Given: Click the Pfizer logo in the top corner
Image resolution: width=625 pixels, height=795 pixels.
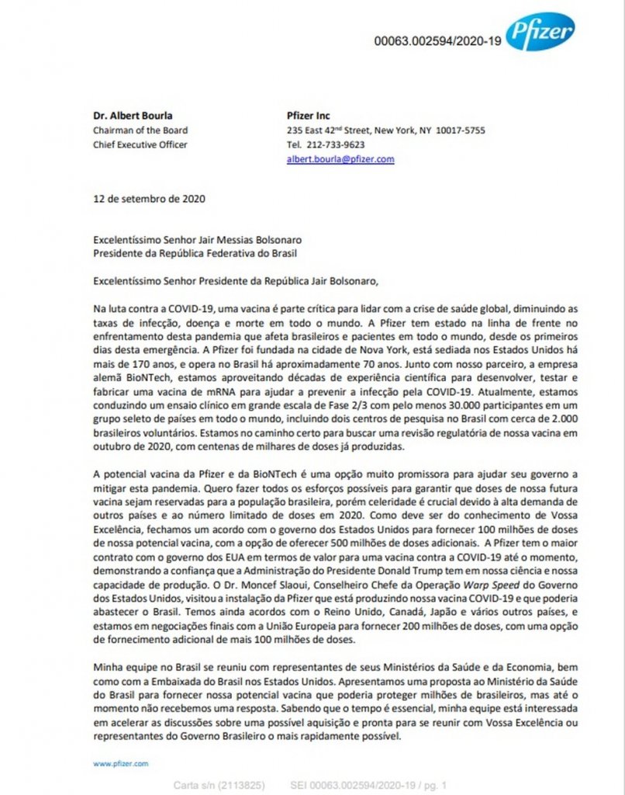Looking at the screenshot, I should pyautogui.click(x=540, y=33).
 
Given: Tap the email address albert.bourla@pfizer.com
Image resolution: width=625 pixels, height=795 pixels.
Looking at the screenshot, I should pyautogui.click(x=340, y=158).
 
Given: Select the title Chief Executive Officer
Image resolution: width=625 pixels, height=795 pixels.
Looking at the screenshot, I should pyautogui.click(x=140, y=144).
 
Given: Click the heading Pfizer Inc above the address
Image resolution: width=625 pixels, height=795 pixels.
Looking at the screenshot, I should pyautogui.click(x=308, y=116).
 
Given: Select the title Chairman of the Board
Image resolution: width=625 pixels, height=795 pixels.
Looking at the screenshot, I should pyautogui.click(x=140, y=130).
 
